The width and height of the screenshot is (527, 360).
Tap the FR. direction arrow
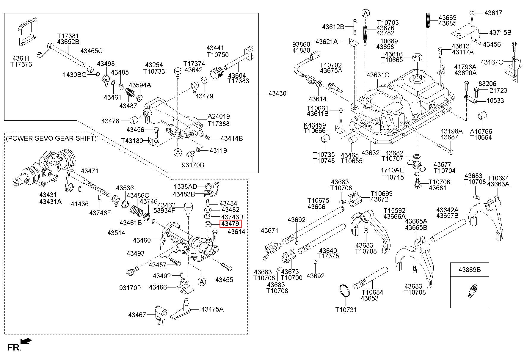(x=26, y=341)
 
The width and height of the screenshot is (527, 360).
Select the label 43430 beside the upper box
(x=277, y=93)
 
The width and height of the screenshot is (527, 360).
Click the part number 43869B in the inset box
(x=470, y=270)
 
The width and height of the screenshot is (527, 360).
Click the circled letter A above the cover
(x=366, y=13)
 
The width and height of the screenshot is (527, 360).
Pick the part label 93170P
(x=130, y=288)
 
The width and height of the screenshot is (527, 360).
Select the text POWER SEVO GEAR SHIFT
(x=51, y=138)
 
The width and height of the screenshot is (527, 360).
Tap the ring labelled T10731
(x=345, y=290)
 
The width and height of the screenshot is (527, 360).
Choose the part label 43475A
(x=212, y=309)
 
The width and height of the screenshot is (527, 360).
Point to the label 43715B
(x=500, y=32)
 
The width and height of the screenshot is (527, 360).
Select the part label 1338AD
(x=185, y=186)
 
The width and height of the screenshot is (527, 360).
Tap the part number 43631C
(x=378, y=75)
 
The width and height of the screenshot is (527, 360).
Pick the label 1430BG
(x=75, y=75)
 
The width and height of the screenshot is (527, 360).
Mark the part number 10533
(x=495, y=100)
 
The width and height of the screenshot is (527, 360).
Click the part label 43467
(x=137, y=315)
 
